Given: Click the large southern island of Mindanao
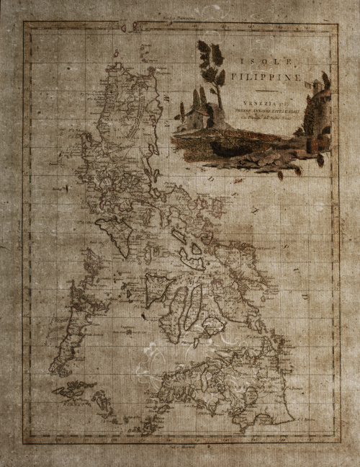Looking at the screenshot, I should point(216,389).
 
